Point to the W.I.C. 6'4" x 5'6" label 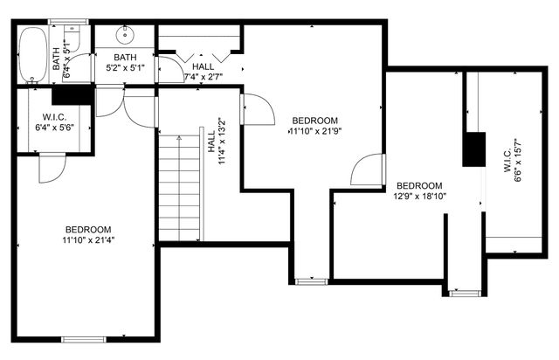tap(54, 122)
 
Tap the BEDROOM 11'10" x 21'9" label tap(314, 126)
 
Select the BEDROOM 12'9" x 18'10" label tap(419, 191)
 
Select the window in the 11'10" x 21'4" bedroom tap(83, 338)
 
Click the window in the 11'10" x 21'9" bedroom tap(309, 280)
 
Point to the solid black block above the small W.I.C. tap(73, 94)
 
